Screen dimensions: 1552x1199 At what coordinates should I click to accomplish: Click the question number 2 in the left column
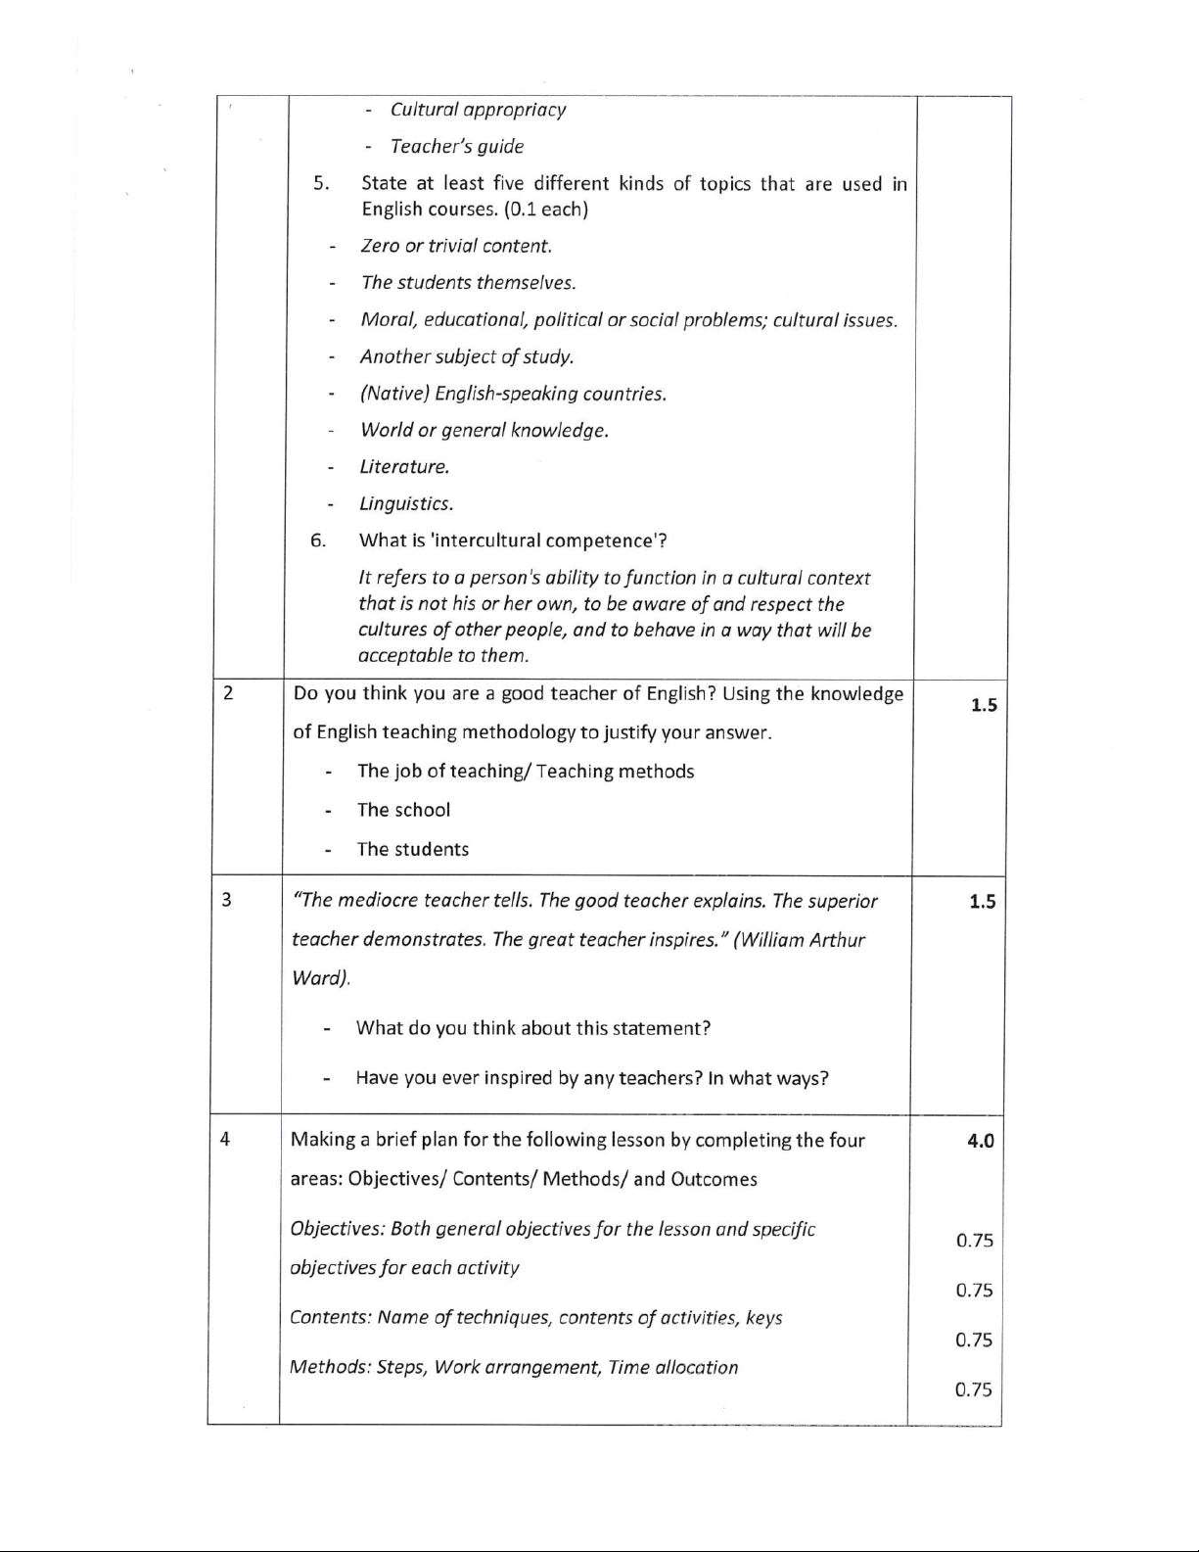coord(228,693)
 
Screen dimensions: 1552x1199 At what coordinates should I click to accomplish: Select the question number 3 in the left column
coord(226,900)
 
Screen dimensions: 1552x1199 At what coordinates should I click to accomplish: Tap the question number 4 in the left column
coord(225,1139)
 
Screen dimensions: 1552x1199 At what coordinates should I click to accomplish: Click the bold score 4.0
coord(980,1140)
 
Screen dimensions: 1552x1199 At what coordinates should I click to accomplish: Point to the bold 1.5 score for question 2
coord(984,705)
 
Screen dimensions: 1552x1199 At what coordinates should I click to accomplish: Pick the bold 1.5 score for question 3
coord(982,902)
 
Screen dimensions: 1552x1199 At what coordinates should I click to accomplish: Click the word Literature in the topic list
coord(404,467)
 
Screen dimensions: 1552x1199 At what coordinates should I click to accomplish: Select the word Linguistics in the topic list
coord(406,504)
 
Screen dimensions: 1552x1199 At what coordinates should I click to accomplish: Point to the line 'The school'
coord(403,810)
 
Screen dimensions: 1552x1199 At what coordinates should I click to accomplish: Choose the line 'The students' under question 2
coord(412,849)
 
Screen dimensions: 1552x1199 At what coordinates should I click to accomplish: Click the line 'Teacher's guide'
coord(456,147)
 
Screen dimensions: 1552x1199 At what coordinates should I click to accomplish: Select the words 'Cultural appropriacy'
coord(478,110)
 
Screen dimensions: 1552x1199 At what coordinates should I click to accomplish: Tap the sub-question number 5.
coord(322,183)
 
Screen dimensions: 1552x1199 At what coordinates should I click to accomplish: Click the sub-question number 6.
coord(318,541)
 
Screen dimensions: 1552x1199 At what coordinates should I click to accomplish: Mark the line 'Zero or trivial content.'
coord(456,246)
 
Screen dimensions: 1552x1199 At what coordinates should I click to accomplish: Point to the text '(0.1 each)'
coord(546,209)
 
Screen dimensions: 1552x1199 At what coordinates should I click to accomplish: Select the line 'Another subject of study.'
coord(466,356)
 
